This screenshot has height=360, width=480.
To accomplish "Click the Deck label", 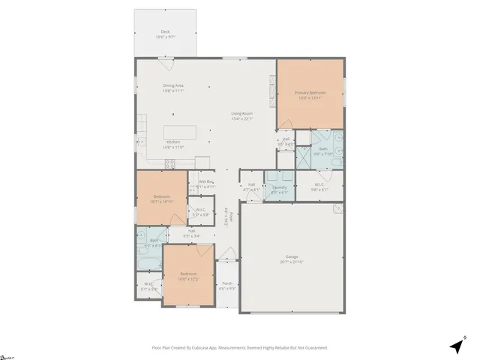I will point(164,31).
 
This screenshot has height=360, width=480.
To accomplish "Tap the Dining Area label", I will point(173,85).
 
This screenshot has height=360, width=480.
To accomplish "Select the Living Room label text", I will point(241,113).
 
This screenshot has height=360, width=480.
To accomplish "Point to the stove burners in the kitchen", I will point(169,163).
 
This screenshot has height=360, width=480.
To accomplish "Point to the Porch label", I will point(226,283).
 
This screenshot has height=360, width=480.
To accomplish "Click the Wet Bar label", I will point(205,181).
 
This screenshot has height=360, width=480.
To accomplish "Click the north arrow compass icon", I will point(455,346).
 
